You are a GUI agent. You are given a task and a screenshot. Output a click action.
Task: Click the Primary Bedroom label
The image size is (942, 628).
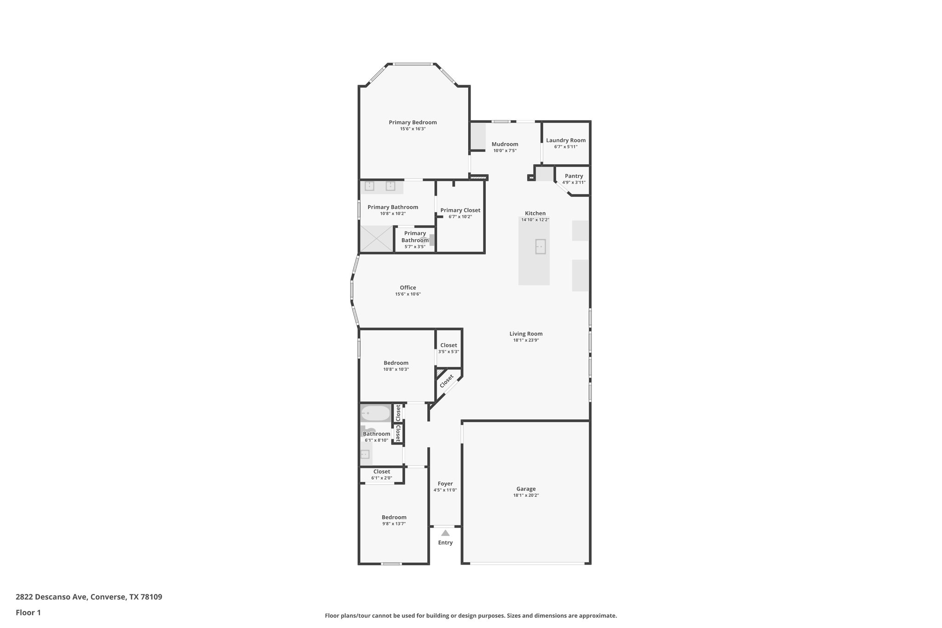(413, 122)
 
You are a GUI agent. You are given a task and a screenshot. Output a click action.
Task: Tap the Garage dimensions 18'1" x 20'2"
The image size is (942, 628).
(526, 495)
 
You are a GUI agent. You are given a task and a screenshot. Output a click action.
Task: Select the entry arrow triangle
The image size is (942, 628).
(445, 533)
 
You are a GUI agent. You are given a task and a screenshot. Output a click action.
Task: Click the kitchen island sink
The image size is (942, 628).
(540, 247)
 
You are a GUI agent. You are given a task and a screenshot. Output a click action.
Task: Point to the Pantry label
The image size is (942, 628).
(574, 176)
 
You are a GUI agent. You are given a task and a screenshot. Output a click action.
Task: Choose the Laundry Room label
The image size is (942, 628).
(566, 140)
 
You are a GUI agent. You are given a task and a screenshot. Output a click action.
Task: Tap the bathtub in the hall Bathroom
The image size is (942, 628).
(375, 413)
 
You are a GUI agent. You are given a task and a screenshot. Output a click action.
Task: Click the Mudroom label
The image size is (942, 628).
(505, 144)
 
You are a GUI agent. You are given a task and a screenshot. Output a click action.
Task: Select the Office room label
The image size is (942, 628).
(408, 288)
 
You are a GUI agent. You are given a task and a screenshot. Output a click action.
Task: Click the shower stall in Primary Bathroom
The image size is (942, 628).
(376, 239)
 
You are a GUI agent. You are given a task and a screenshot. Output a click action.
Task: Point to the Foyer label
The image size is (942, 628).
(445, 484)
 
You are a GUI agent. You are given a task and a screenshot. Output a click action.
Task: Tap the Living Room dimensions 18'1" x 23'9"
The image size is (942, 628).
(526, 340)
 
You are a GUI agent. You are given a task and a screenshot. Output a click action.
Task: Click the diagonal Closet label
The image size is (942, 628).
(446, 381)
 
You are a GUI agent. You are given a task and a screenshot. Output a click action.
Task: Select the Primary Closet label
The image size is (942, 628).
(460, 210)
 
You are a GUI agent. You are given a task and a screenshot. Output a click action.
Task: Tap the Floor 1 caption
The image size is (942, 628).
(28, 612)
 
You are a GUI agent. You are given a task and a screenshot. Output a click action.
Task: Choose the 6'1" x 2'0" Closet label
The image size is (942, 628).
(381, 472)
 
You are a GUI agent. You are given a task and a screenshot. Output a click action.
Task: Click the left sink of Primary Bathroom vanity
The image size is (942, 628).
(370, 186)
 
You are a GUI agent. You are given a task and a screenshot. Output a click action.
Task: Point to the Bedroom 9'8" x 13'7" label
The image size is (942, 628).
(394, 517)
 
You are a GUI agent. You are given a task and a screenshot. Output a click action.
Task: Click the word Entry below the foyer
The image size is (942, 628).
(445, 542)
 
